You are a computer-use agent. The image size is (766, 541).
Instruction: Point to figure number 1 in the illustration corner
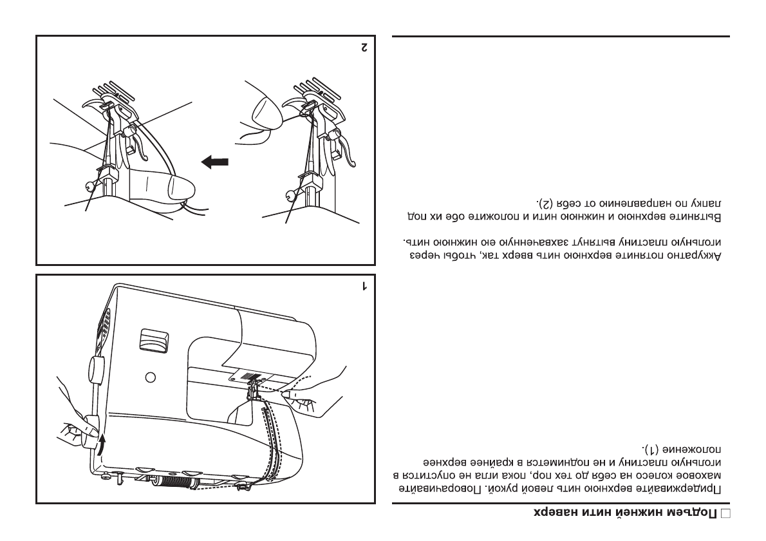pyautogui.click(x=364, y=285)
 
